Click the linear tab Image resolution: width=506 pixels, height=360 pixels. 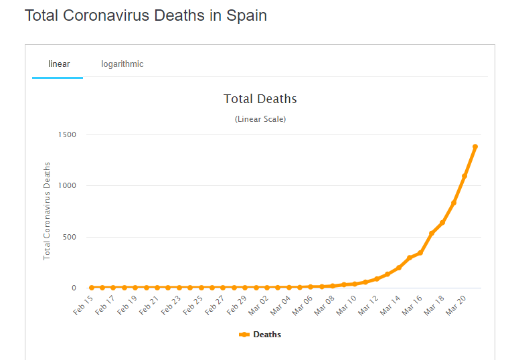59,64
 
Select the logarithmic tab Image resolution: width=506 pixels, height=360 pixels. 122,64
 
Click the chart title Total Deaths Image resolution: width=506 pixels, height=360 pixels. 260,99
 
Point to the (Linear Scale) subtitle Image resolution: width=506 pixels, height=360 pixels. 260,119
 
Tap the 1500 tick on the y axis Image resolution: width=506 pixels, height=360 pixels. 67,134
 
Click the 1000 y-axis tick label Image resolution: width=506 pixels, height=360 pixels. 67,185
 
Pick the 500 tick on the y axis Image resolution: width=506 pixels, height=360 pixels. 70,237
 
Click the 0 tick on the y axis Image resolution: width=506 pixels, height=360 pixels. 74,288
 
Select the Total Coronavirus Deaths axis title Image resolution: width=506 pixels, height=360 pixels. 48,211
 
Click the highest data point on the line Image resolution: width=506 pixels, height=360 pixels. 475,147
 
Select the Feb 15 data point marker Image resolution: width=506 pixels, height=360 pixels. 92,288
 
